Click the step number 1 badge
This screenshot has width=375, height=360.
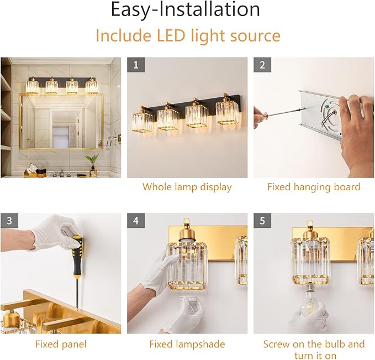pyautogui.click(x=136, y=65)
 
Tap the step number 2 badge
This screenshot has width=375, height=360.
pyautogui.click(x=262, y=65)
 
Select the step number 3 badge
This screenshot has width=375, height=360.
pyautogui.click(x=9, y=221)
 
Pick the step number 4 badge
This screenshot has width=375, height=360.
pyautogui.click(x=136, y=221)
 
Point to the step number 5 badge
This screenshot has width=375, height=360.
pyautogui.click(x=262, y=221)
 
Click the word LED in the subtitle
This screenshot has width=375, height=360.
pyautogui.click(x=171, y=35)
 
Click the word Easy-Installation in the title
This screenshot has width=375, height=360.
pyautogui.click(x=186, y=9)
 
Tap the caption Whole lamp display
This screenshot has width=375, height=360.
pyautogui.click(x=187, y=187)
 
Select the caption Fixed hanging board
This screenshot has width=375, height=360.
pyautogui.click(x=314, y=187)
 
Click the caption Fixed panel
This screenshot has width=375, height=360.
pyautogui.click(x=61, y=344)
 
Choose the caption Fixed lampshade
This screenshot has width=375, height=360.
pyautogui.click(x=187, y=344)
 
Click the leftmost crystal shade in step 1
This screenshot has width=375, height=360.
pyautogui.click(x=142, y=122)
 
